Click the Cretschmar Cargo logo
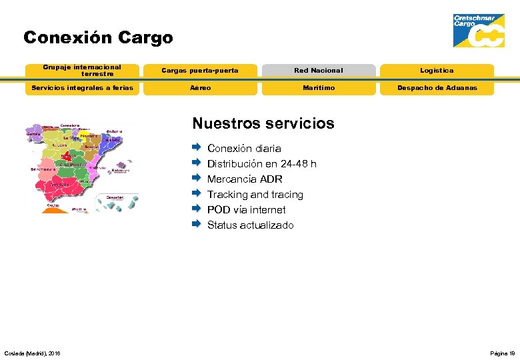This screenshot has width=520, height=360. (x=478, y=31)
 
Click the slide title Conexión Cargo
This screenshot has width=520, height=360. (x=98, y=38)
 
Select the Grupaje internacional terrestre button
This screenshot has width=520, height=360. (x=82, y=71)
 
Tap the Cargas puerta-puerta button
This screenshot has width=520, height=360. (x=200, y=71)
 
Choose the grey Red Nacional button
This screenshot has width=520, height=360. (x=318, y=71)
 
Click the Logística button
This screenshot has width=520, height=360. (x=437, y=71)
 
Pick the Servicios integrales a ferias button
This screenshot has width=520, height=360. (x=82, y=88)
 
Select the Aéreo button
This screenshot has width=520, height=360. (x=200, y=88)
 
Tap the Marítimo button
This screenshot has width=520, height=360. (x=318, y=88)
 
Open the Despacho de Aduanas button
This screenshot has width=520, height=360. (x=437, y=88)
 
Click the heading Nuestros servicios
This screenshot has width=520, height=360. (x=263, y=123)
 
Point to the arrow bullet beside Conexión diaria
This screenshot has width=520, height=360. (x=197, y=147)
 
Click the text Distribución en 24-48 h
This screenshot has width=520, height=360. (x=261, y=164)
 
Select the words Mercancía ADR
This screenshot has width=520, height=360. (x=245, y=179)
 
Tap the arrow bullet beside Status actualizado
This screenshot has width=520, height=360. (x=197, y=224)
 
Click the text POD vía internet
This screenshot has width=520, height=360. (x=246, y=210)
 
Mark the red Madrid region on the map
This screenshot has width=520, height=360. (x=66, y=158)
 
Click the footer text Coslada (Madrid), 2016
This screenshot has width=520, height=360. (x=32, y=353)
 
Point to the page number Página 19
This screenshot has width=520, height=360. (x=502, y=353)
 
